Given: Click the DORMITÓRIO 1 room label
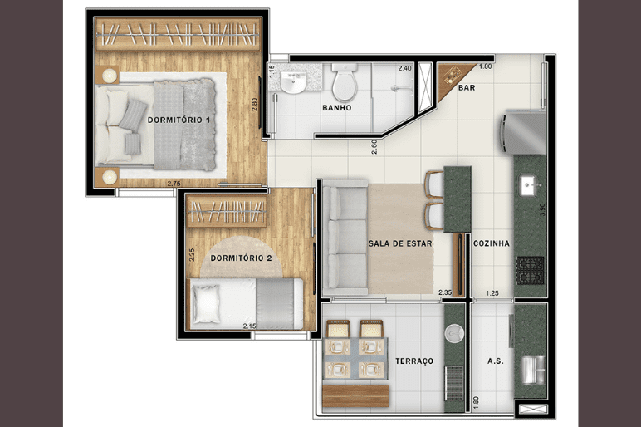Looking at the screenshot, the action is point(179,120).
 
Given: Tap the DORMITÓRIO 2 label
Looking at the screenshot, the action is point(241,258).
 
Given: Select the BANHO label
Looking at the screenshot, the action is point(337,107).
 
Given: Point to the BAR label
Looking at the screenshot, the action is point(467,87).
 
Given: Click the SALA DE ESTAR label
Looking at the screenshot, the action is point(400,243).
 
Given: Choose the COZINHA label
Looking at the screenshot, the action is point(492,243).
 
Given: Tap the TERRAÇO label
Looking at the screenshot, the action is point(414,361).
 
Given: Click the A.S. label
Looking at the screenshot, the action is point(495,361).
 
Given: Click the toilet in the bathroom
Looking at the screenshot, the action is point(345,82).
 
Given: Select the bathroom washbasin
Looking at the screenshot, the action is point(294,81).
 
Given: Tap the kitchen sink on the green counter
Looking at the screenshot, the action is point(531,186).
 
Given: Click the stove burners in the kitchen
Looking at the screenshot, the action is point(531,270).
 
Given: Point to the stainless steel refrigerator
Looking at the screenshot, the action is point(524,132).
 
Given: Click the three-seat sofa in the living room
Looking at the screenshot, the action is point(345,238).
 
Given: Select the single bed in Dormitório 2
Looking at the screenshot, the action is point(245,303).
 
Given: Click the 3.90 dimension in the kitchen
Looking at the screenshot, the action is point(542,210).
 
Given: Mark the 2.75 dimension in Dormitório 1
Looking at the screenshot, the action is point(174,184).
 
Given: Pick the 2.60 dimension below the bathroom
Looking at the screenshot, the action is point(374,147).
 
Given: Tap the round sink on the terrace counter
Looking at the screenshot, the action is point(454,334).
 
